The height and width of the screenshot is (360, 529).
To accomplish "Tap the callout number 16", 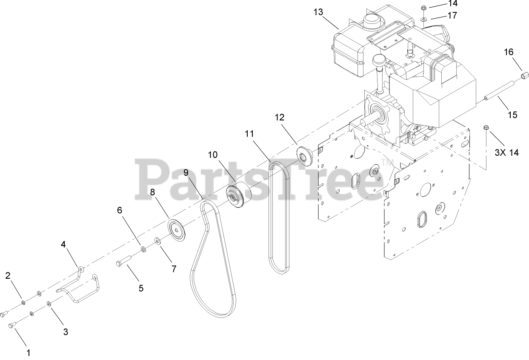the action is pos(509,52).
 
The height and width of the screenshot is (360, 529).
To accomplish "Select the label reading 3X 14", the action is pos(506,152).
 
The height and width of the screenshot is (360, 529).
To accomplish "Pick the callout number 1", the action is pos(29,352).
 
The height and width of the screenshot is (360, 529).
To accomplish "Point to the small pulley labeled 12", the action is pos(305,154).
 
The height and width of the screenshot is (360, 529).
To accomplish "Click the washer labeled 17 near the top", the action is pos(424,19).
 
